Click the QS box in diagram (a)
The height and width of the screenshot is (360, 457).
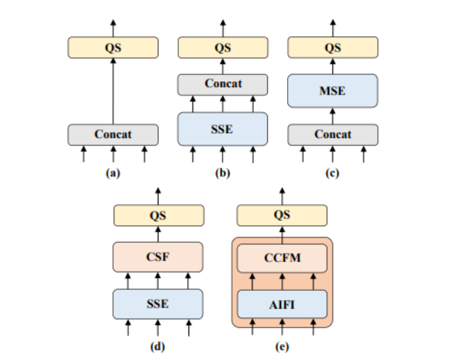(x=113, y=47)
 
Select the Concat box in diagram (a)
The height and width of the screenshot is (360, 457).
(x=113, y=134)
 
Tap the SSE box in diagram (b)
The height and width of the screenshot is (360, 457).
(x=222, y=129)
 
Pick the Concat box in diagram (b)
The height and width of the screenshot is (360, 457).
(x=222, y=84)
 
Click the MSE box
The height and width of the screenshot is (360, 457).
(x=332, y=90)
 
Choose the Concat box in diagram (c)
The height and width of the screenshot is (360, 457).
(x=332, y=134)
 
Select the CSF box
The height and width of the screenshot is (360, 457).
(x=158, y=258)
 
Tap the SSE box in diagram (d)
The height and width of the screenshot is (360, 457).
(x=158, y=303)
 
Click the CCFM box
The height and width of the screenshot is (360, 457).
(x=282, y=258)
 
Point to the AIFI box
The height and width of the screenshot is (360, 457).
(x=282, y=304)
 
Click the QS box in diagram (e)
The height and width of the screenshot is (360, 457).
(x=282, y=215)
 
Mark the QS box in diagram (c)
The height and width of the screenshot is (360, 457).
(x=332, y=47)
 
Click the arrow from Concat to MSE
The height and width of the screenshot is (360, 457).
(x=332, y=116)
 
